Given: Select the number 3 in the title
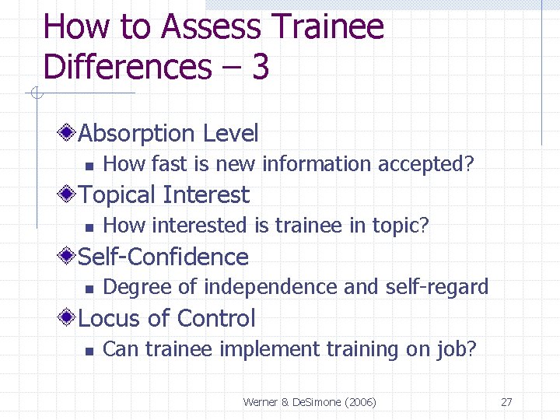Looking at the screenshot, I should tap(260, 67).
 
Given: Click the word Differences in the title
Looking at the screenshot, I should tap(127, 67).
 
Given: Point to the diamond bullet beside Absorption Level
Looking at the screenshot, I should tap(69, 133).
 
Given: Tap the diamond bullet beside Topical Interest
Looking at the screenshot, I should tap(69, 194).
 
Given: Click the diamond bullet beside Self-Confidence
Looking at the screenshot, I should tap(69, 256).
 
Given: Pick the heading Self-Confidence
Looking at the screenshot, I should tap(163, 257).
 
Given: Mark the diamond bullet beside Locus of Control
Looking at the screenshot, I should tap(69, 317).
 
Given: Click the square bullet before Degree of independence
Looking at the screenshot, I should tap(89, 289).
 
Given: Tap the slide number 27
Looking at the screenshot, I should tap(506, 402).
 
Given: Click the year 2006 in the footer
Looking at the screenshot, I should tap(359, 402).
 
